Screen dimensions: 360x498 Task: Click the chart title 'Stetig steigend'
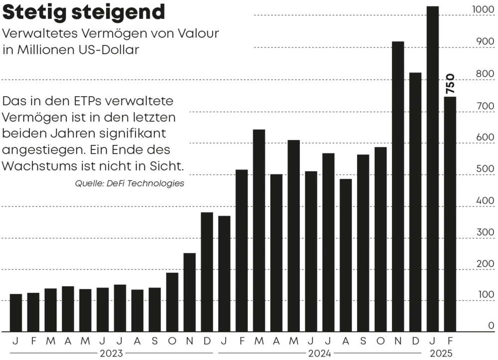tap(84, 12)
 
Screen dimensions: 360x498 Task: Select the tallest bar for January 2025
tap(432, 169)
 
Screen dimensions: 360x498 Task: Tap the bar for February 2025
tap(450, 214)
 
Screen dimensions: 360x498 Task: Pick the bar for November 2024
tap(398, 187)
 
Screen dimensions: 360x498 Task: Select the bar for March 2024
tap(259, 231)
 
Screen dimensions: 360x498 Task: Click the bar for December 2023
tap(207, 272)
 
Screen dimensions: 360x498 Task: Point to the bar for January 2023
tap(16, 313)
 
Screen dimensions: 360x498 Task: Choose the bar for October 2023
tap(172, 302)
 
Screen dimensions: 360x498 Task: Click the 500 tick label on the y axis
tap(487, 170)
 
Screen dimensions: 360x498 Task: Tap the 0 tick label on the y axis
tap(491, 326)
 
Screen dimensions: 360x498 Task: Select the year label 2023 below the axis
tap(112, 354)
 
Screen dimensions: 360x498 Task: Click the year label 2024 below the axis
tap(320, 354)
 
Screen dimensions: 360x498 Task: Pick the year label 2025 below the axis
tap(441, 354)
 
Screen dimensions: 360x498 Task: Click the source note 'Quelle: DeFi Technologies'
tap(129, 183)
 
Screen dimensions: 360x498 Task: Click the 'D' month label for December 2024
tap(415, 342)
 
